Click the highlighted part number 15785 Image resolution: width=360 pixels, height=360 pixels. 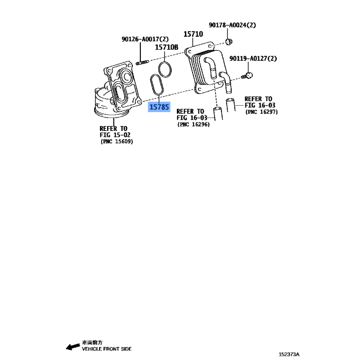159,107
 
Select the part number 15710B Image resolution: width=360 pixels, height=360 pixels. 166,47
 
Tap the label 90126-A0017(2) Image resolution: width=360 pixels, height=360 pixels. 145,39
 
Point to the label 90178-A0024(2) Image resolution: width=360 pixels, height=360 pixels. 232,25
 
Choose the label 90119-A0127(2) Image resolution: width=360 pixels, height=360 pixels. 253,58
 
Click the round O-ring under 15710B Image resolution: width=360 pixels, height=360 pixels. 165,69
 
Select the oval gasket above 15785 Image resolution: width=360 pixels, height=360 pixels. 157,85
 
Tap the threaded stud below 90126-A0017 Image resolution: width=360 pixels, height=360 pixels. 142,63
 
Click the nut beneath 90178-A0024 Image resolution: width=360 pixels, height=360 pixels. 229,41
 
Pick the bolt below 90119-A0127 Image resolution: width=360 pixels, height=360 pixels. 247,76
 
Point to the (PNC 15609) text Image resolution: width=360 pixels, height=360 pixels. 117,141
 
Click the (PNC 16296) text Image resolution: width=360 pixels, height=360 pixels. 193,125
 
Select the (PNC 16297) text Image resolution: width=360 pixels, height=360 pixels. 261,112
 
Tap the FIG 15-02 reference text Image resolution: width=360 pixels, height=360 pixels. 115,135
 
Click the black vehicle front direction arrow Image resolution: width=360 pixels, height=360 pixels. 73,346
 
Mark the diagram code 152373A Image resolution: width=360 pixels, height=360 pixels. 289,354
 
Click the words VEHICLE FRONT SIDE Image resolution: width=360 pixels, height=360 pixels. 107,349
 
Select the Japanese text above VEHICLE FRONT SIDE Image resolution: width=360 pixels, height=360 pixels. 92,342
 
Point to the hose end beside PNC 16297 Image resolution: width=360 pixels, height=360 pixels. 230,105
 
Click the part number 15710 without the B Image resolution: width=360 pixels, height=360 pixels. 193,34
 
